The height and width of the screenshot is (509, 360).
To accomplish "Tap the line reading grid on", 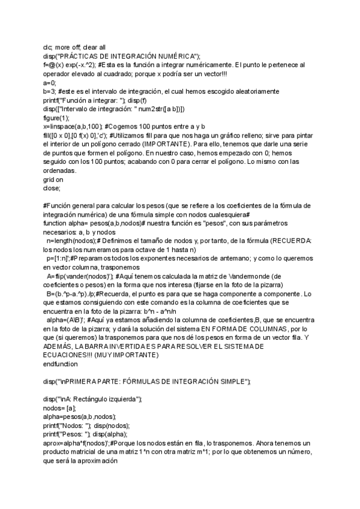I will pyautogui.click(x=53, y=179).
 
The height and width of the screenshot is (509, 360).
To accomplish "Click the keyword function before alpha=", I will pyautogui.click(x=56, y=215).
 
